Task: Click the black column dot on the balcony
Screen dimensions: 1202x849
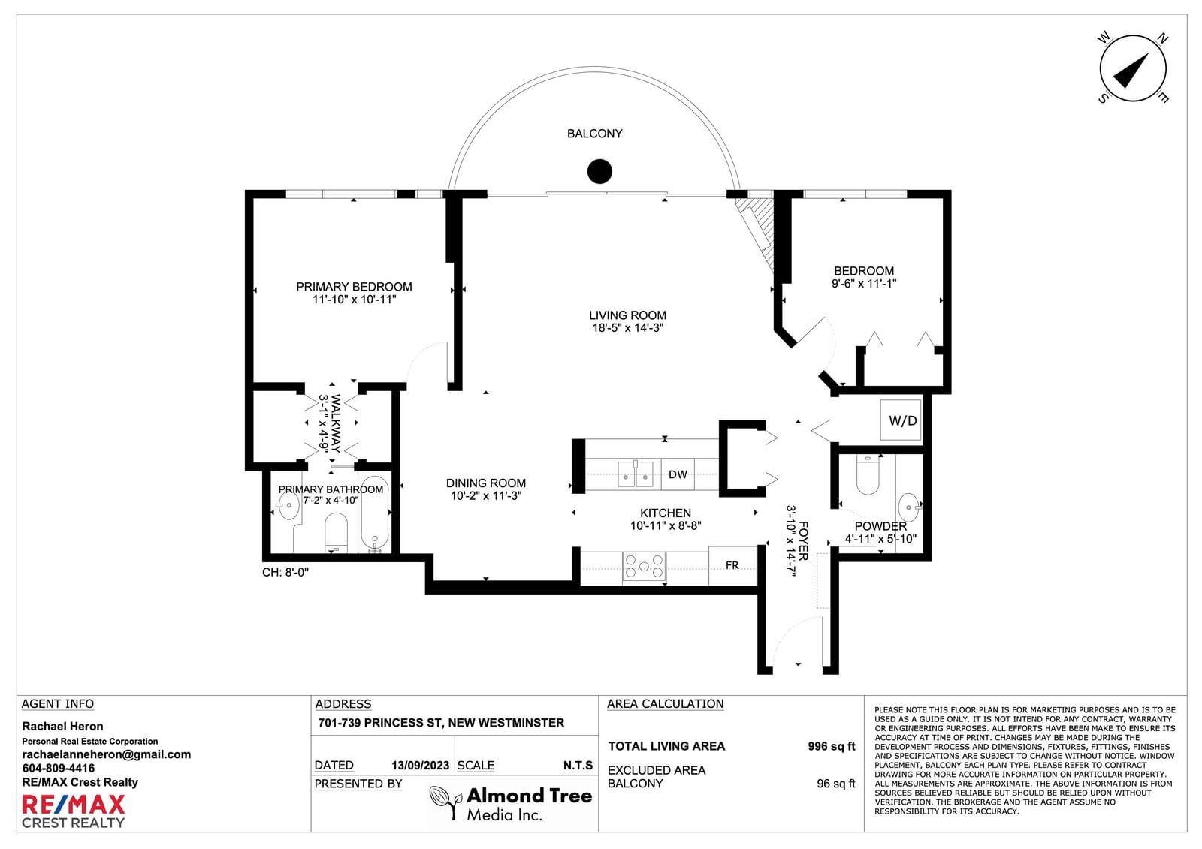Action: point(599,172)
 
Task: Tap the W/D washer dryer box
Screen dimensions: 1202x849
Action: point(901,420)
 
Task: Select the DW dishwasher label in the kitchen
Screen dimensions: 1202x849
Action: point(678,474)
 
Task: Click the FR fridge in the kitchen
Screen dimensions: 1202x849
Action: point(732,566)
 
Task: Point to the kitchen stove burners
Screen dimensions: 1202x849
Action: point(644,566)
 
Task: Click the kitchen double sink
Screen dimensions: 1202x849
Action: point(636,473)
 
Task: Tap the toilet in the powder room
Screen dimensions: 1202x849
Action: point(867,474)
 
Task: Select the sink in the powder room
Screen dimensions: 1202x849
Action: point(908,507)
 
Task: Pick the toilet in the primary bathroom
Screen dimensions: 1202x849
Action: point(337,532)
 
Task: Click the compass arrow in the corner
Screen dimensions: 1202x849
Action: point(1131,71)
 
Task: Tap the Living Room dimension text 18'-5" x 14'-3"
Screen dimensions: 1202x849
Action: point(628,328)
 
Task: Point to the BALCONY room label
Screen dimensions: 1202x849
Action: point(594,134)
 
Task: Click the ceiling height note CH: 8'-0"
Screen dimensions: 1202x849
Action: point(285,572)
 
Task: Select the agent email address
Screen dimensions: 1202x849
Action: point(106,754)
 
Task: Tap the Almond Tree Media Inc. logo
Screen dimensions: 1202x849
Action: point(511,803)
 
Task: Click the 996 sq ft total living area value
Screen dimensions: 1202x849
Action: point(831,747)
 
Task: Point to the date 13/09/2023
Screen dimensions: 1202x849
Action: point(420,766)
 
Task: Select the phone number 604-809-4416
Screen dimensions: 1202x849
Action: point(59,769)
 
